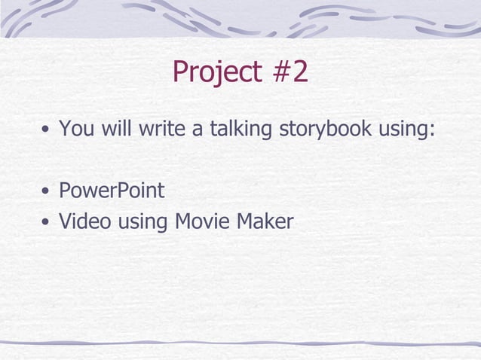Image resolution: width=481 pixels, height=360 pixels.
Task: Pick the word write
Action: point(162,129)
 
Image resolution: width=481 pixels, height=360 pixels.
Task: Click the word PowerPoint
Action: point(112,191)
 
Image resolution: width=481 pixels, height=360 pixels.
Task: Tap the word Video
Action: point(82,221)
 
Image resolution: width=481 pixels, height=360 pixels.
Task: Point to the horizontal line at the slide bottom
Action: point(240,343)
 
